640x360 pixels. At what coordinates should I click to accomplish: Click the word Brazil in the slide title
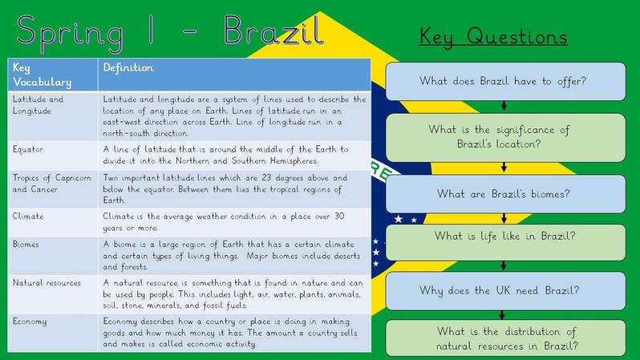273,30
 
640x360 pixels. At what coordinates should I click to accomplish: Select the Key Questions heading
493,37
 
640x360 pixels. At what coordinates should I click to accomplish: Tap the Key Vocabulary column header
42,75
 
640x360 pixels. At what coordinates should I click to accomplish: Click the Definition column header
128,68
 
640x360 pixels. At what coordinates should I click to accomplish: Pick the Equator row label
28,149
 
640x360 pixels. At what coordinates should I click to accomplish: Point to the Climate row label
28,216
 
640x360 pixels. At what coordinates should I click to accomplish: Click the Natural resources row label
47,283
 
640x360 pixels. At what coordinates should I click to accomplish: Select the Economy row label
30,322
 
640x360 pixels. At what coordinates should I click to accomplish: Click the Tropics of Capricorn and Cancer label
52,184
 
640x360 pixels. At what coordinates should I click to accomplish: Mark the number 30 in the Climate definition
339,216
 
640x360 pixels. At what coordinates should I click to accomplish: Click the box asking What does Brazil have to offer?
505,81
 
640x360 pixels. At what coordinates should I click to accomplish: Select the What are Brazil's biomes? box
505,194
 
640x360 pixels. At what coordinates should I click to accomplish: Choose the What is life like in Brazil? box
505,242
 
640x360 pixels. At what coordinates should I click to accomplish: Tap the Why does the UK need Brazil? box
505,290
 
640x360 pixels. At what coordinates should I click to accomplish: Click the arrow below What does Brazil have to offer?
504,105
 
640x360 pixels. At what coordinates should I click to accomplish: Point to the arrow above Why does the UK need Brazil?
504,265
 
